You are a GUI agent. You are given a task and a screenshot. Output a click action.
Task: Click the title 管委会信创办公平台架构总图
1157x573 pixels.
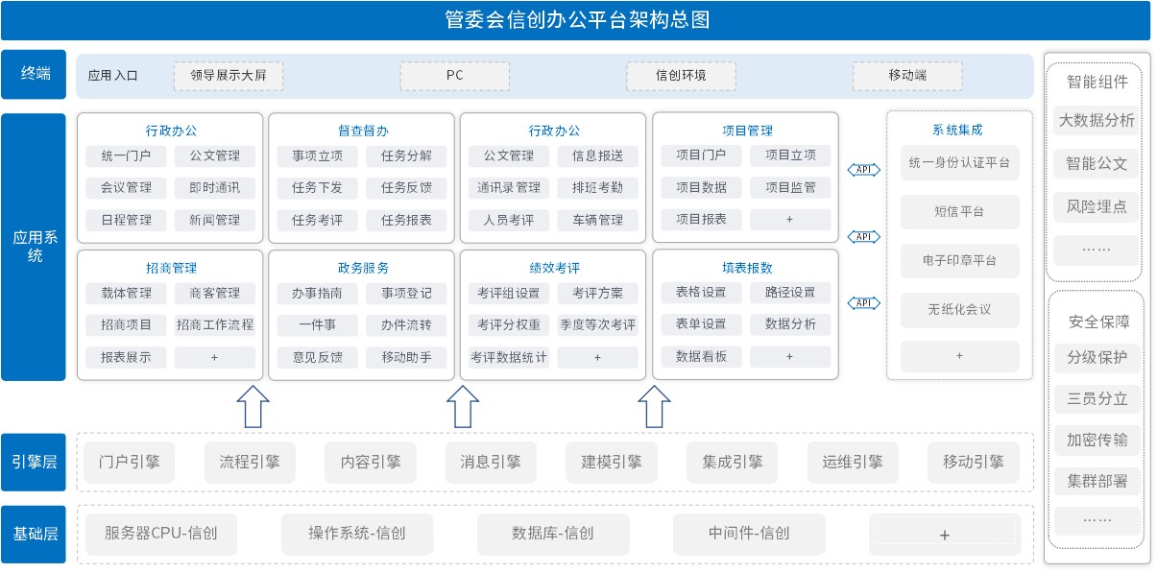pyautogui.click(x=577, y=20)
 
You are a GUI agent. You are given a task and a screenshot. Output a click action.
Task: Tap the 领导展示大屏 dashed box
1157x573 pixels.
pyautogui.click(x=229, y=76)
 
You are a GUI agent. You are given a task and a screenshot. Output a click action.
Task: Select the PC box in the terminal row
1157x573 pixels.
pyautogui.click(x=454, y=76)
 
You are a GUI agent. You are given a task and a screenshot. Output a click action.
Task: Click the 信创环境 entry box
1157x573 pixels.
pyautogui.click(x=681, y=76)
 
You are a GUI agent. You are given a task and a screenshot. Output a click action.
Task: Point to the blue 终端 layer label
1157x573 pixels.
pyautogui.click(x=34, y=74)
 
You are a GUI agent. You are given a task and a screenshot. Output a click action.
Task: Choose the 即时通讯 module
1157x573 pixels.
pyautogui.click(x=215, y=188)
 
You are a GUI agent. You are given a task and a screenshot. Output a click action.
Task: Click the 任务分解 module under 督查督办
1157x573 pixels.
pyautogui.click(x=406, y=155)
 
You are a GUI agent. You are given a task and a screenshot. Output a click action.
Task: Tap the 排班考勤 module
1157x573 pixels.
pyautogui.click(x=597, y=188)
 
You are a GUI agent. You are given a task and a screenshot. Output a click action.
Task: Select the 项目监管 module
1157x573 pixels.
pyautogui.click(x=790, y=187)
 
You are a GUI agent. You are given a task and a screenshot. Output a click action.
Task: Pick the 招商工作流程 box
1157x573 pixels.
pyautogui.click(x=215, y=325)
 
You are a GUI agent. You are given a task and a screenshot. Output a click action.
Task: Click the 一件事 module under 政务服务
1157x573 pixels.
pyautogui.click(x=317, y=325)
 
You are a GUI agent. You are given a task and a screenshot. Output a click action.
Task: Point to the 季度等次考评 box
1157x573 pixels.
pyautogui.click(x=597, y=325)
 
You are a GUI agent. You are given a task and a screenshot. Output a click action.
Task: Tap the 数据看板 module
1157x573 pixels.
pyautogui.click(x=702, y=357)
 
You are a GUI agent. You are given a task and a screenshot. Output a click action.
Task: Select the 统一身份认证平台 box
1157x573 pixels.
pyautogui.click(x=960, y=163)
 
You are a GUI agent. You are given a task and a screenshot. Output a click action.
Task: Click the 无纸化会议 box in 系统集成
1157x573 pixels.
pyautogui.click(x=960, y=310)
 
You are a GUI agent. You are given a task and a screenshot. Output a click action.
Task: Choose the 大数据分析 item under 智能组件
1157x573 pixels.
pyautogui.click(x=1097, y=121)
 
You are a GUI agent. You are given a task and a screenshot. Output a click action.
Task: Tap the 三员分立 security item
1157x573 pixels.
pyautogui.click(x=1097, y=399)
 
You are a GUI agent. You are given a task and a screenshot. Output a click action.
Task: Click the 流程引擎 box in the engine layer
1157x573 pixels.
pyautogui.click(x=250, y=462)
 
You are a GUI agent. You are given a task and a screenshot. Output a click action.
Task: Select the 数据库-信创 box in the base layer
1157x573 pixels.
pyautogui.click(x=553, y=534)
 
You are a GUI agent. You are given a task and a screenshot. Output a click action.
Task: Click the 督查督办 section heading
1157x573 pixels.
pyautogui.click(x=363, y=131)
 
